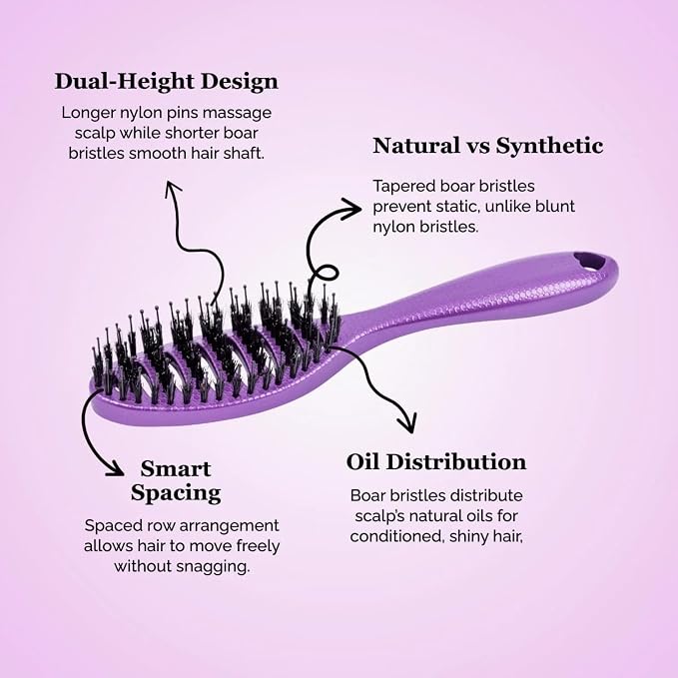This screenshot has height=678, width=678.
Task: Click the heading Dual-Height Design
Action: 166,81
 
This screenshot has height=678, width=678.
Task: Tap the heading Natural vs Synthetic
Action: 487,146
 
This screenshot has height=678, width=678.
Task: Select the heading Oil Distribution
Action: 436,461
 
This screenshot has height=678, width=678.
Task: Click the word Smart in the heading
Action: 176,468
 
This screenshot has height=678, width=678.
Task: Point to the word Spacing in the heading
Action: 176,493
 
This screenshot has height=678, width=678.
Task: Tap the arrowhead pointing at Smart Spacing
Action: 114,467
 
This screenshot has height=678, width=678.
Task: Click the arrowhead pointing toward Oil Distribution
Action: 406,421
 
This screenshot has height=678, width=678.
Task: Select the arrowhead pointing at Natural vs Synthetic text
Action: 351,209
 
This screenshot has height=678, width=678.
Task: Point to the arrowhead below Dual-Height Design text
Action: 172,190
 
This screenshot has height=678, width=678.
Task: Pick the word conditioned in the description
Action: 396,536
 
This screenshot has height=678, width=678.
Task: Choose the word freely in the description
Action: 258,546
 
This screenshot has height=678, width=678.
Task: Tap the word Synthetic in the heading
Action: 549,146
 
